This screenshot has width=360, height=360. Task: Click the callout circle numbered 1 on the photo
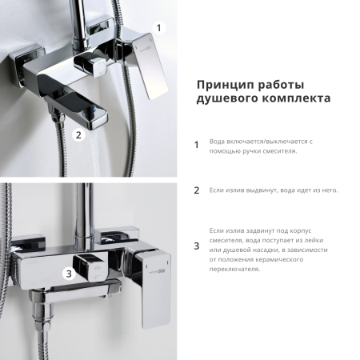pos(158,27)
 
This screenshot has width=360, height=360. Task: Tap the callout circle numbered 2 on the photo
pos(78,134)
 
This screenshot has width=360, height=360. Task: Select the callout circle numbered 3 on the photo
pos(69,274)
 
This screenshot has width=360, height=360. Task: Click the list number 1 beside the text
pos(197,146)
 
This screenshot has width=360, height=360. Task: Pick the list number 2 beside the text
pos(197,190)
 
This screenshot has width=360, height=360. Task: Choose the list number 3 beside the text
pos(197,246)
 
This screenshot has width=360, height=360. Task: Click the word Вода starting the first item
pos(217,141)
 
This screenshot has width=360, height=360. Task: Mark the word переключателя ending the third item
pos(236,269)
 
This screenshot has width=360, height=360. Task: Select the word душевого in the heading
pos(226,101)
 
